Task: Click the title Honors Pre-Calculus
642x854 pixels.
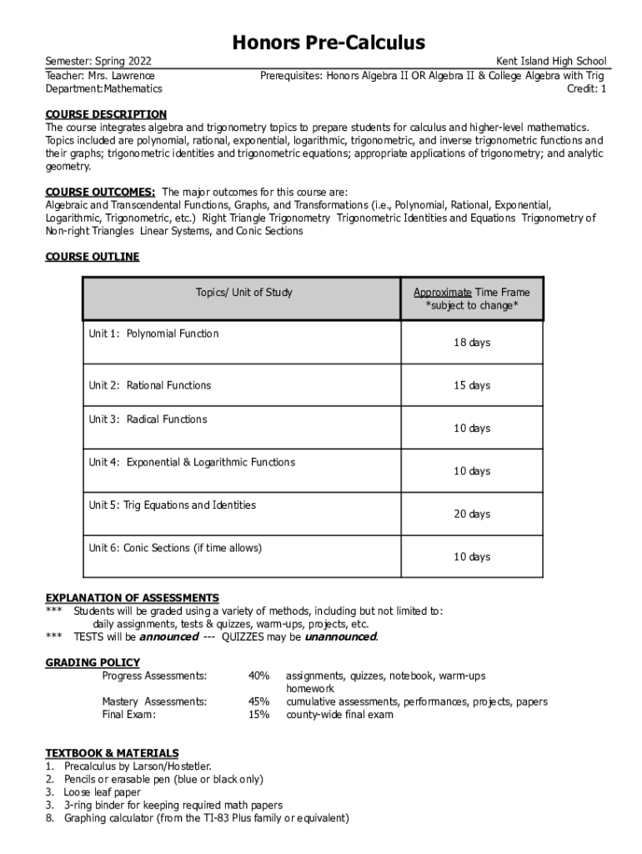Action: pos(329,43)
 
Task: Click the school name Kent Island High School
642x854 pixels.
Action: pos(551,62)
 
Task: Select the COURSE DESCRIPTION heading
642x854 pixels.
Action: pos(106,114)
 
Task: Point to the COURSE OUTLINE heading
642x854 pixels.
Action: pos(92,257)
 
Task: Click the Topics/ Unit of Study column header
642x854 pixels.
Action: pos(243,292)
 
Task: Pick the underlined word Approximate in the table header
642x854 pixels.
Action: pos(443,292)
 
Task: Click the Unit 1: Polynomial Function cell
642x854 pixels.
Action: pos(154,334)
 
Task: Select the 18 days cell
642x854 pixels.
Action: pos(471,343)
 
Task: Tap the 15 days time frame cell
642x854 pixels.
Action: pos(471,385)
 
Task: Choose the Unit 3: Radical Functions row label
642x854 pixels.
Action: pos(148,419)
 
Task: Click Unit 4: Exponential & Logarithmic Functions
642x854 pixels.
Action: pos(192,462)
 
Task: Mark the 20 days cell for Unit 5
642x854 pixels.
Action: pos(471,514)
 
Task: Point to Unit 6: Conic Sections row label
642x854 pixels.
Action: pos(175,548)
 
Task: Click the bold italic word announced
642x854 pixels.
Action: pos(168,637)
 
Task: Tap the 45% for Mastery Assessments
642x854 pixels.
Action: pos(258,702)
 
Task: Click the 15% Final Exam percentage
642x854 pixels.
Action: pos(258,715)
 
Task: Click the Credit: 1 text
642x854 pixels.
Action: pos(586,88)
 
